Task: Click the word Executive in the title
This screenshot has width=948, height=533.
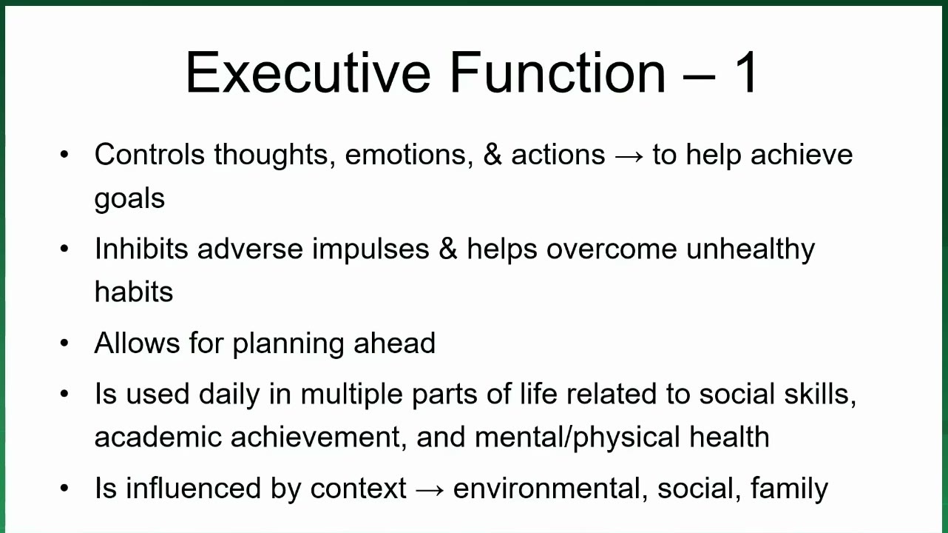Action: tap(308, 73)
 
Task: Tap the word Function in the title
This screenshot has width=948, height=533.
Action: tap(558, 73)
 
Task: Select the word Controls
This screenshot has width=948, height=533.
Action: tap(149, 154)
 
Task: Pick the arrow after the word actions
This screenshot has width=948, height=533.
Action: tap(629, 157)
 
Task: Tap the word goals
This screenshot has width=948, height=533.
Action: tap(129, 198)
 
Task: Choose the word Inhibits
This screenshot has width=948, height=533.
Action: tap(141, 248)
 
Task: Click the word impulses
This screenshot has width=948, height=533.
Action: tap(370, 250)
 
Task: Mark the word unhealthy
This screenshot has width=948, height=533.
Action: tap(751, 250)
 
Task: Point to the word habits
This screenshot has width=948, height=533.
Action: tap(134, 292)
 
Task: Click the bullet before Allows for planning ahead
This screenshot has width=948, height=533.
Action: tap(64, 343)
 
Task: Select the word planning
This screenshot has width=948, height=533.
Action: tap(288, 344)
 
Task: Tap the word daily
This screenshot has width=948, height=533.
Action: tap(229, 395)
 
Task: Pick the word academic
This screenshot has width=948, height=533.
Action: tap(158, 437)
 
